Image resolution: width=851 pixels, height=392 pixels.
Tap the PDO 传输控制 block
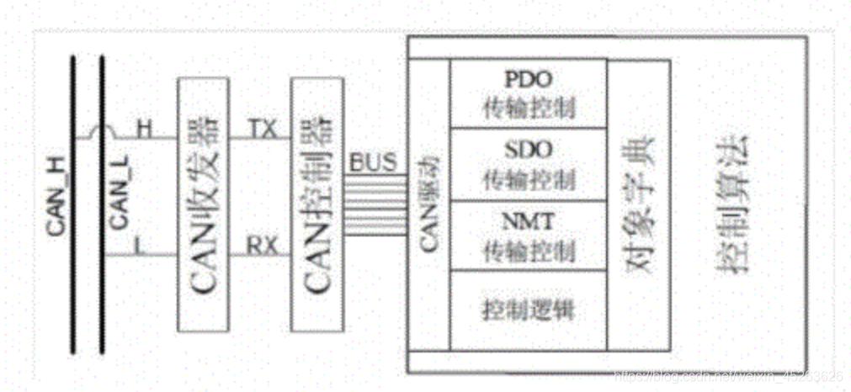(528, 93)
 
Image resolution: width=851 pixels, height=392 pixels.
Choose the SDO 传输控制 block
(528, 164)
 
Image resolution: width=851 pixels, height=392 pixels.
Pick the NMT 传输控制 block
(528, 236)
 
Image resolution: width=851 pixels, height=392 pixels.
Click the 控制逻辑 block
(528, 310)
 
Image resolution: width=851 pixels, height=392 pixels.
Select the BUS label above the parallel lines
(371, 162)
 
